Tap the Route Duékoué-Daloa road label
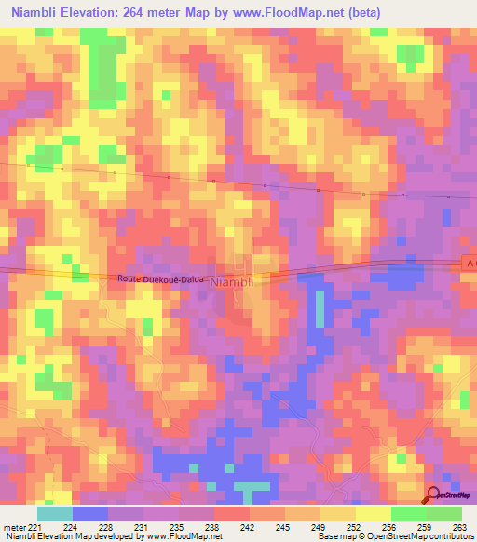[160, 278]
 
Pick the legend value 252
[355, 527]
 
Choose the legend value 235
[180, 527]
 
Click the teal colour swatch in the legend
[55, 513]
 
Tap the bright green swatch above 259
[408, 513]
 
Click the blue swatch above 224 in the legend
[90, 513]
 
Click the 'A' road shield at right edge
[469, 264]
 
